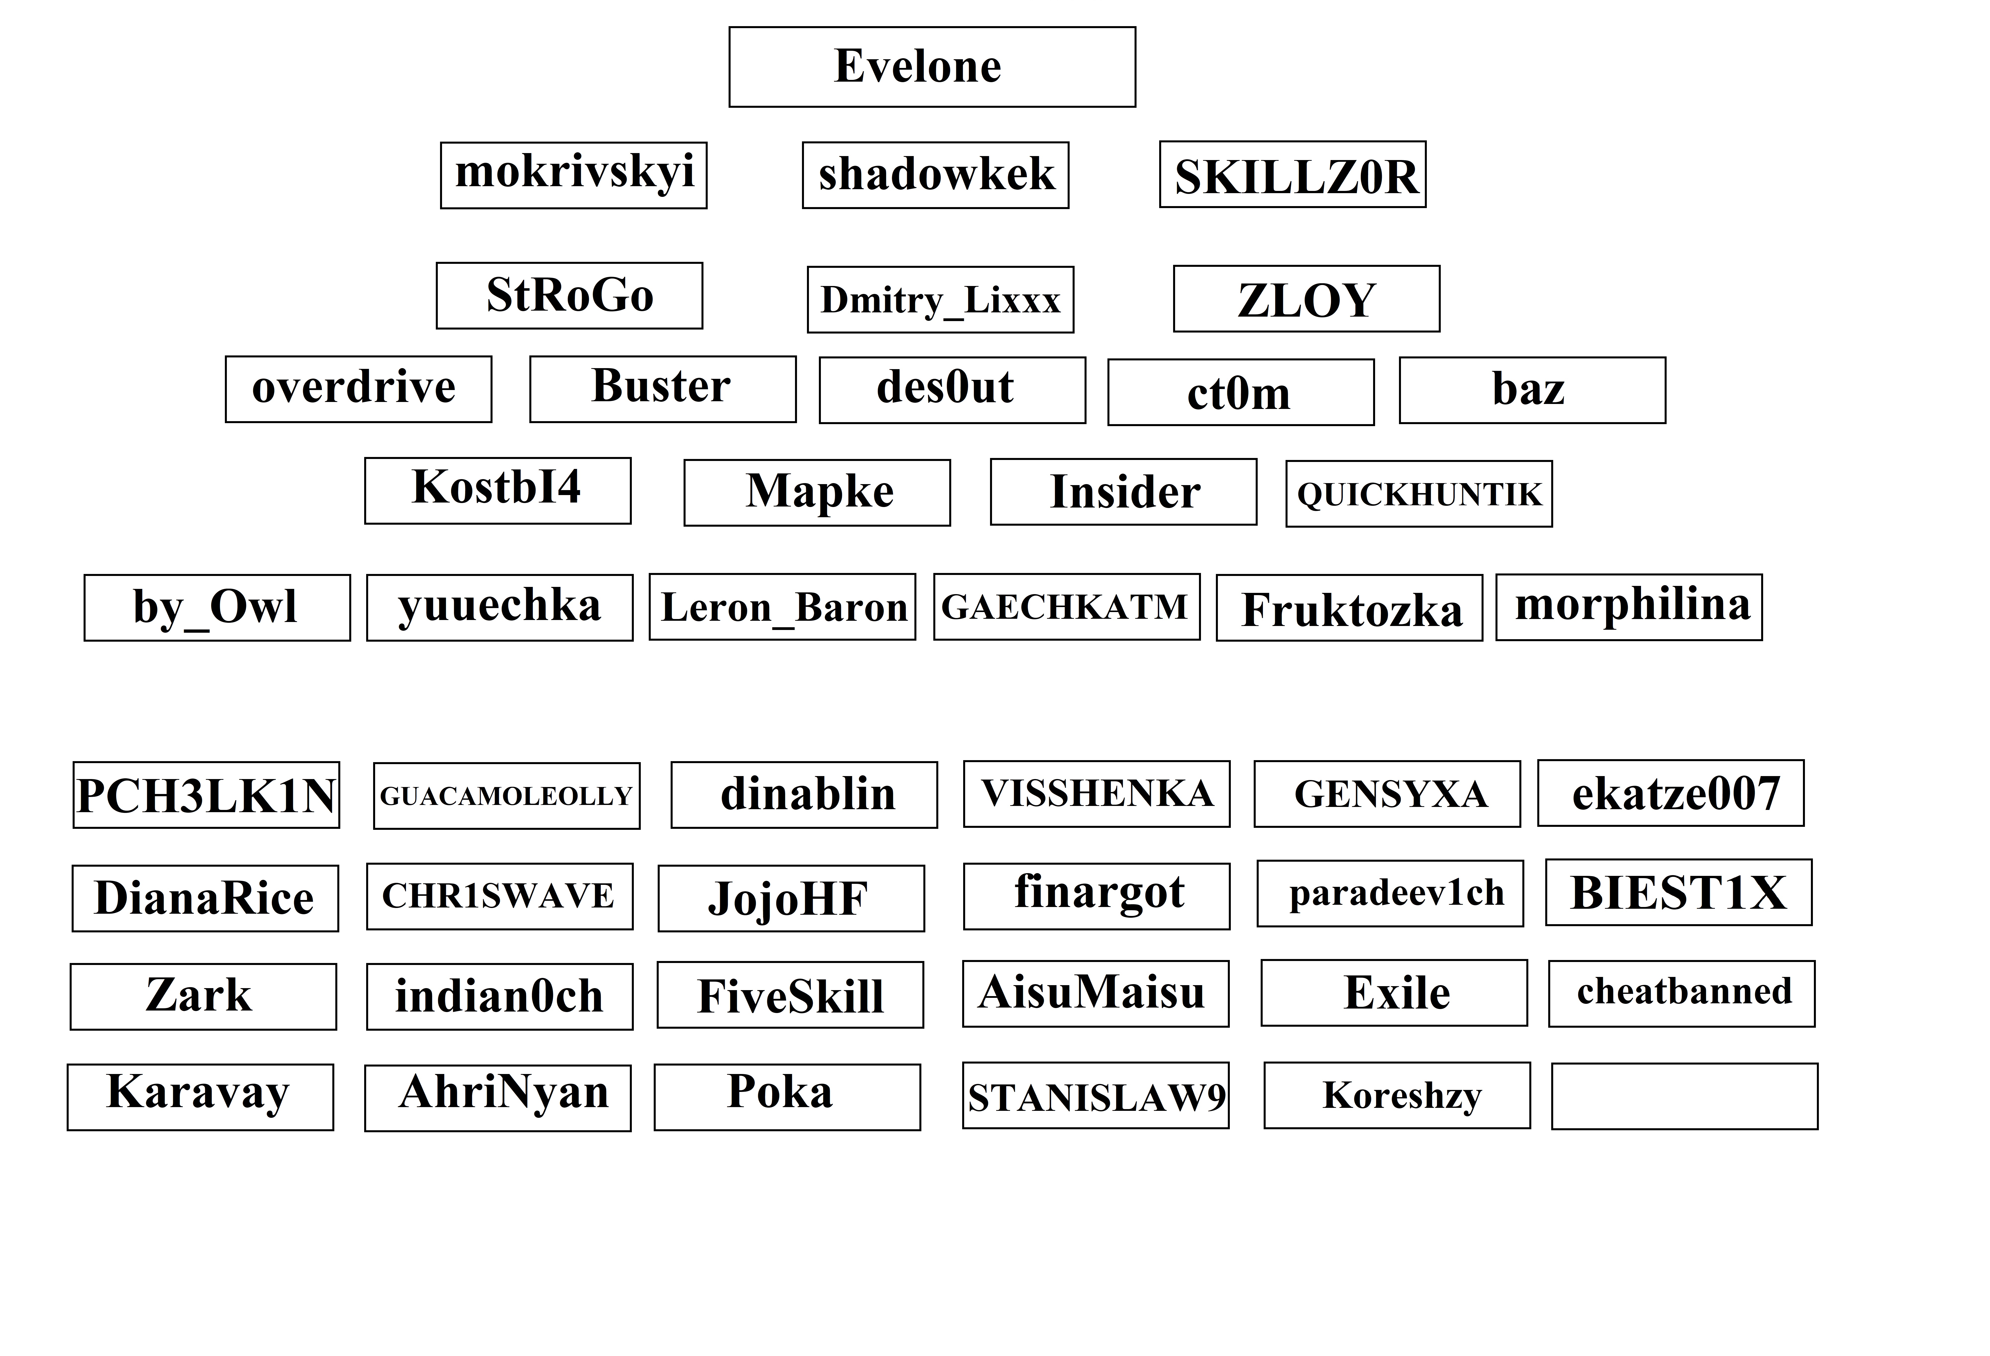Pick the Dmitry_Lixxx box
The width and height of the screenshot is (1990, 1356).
click(x=940, y=300)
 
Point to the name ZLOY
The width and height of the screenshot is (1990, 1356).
click(x=1307, y=301)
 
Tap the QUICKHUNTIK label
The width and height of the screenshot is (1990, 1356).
click(x=1419, y=494)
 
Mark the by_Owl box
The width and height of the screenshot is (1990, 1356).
click(x=217, y=607)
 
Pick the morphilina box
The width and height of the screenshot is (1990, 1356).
click(x=1630, y=607)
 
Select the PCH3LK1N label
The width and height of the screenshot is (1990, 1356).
click(x=206, y=796)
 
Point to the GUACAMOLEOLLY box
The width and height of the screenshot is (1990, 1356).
click(x=507, y=796)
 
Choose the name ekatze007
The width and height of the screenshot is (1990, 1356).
click(x=1677, y=793)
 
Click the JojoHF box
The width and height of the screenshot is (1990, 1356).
click(x=791, y=899)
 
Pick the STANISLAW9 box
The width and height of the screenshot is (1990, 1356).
click(x=1096, y=1096)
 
